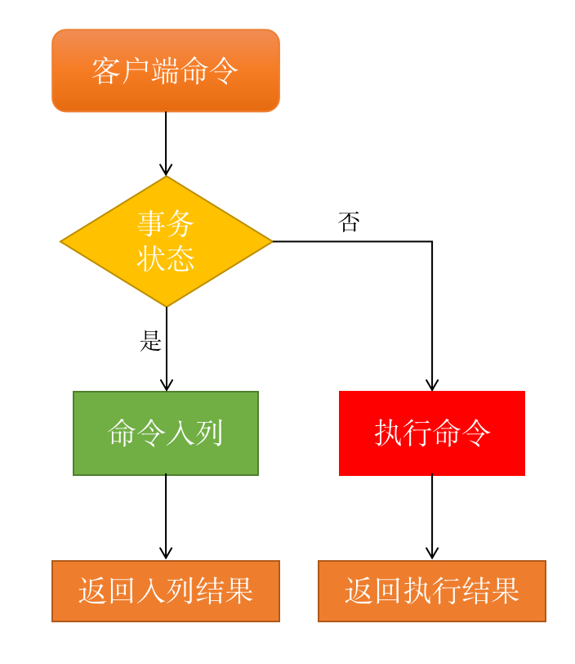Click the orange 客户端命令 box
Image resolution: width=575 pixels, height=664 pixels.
pyautogui.click(x=166, y=70)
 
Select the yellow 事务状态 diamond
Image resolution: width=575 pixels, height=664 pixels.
pyautogui.click(x=166, y=241)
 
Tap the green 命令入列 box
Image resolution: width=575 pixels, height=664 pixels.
pyautogui.click(x=166, y=433)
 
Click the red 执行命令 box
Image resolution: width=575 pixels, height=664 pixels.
pyautogui.click(x=432, y=433)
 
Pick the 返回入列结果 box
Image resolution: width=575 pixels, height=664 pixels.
pyautogui.click(x=166, y=591)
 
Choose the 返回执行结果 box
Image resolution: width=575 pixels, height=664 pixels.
pyautogui.click(x=432, y=591)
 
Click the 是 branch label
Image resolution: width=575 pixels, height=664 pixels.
pyautogui.click(x=151, y=341)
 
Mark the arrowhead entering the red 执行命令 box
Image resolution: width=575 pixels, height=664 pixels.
pyautogui.click(x=432, y=386)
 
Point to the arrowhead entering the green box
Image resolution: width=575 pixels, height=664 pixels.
pyautogui.click(x=166, y=386)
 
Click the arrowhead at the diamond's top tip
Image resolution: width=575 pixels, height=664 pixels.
pyautogui.click(x=166, y=170)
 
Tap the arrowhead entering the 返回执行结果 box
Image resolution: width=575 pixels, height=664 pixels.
pyautogui.click(x=432, y=554)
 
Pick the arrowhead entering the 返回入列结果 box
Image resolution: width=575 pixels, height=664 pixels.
pyautogui.click(x=166, y=554)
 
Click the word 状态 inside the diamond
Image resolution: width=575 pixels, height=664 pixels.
pyautogui.click(x=166, y=259)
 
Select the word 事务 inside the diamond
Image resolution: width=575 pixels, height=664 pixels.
pyautogui.click(x=166, y=223)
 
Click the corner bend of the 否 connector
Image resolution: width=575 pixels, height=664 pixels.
pyautogui.click(x=432, y=241)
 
